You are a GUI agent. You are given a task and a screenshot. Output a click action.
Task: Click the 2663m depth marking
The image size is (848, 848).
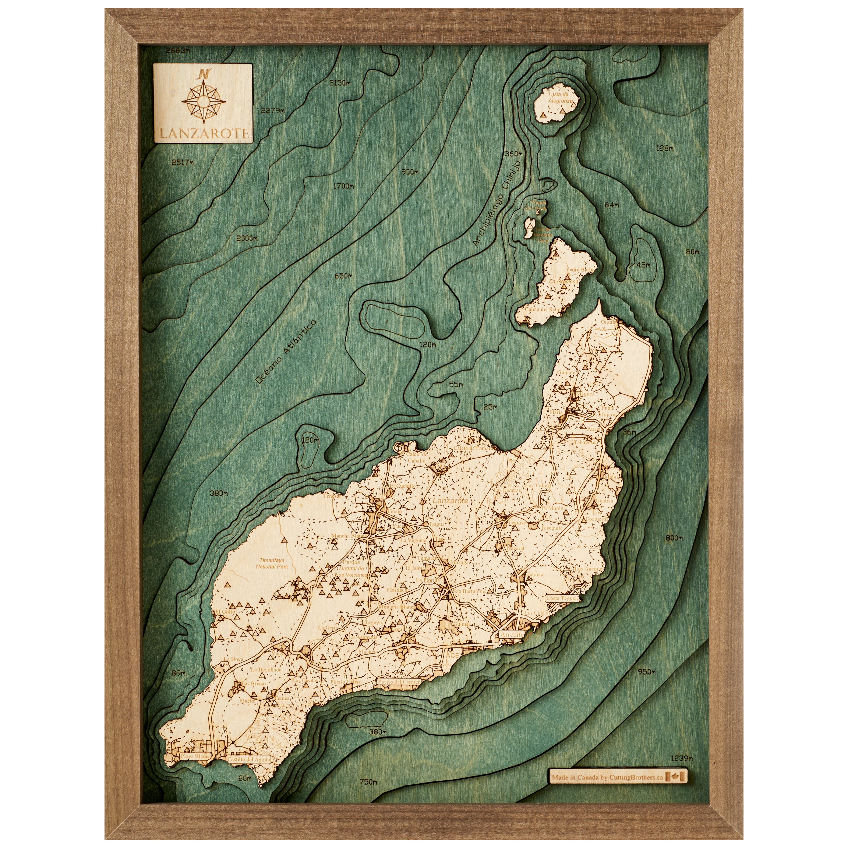[x=178, y=51]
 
